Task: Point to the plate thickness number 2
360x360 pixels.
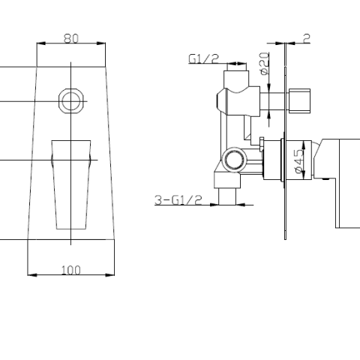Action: pos(307,37)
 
